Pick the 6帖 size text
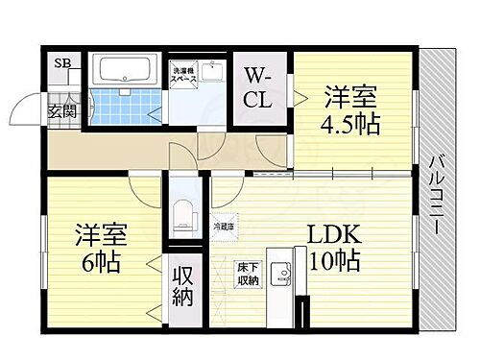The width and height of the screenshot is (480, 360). (101, 262)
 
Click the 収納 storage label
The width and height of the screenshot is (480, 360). (182, 286)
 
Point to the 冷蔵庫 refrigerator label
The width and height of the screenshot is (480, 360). (223, 227)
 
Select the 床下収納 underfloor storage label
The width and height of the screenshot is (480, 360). (247, 274)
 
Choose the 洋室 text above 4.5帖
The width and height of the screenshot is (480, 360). (350, 96)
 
